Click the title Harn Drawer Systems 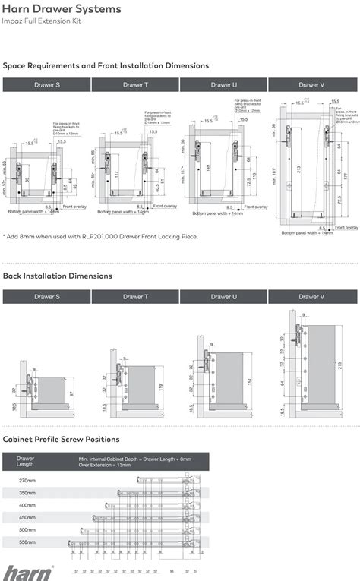[62, 9]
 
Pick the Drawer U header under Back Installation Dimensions [223, 297]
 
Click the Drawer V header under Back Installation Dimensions [311, 297]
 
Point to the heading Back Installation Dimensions [58, 276]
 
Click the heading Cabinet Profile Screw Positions [62, 440]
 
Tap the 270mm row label [27, 481]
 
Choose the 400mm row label [27, 505]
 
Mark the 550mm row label [27, 542]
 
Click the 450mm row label [27, 518]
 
